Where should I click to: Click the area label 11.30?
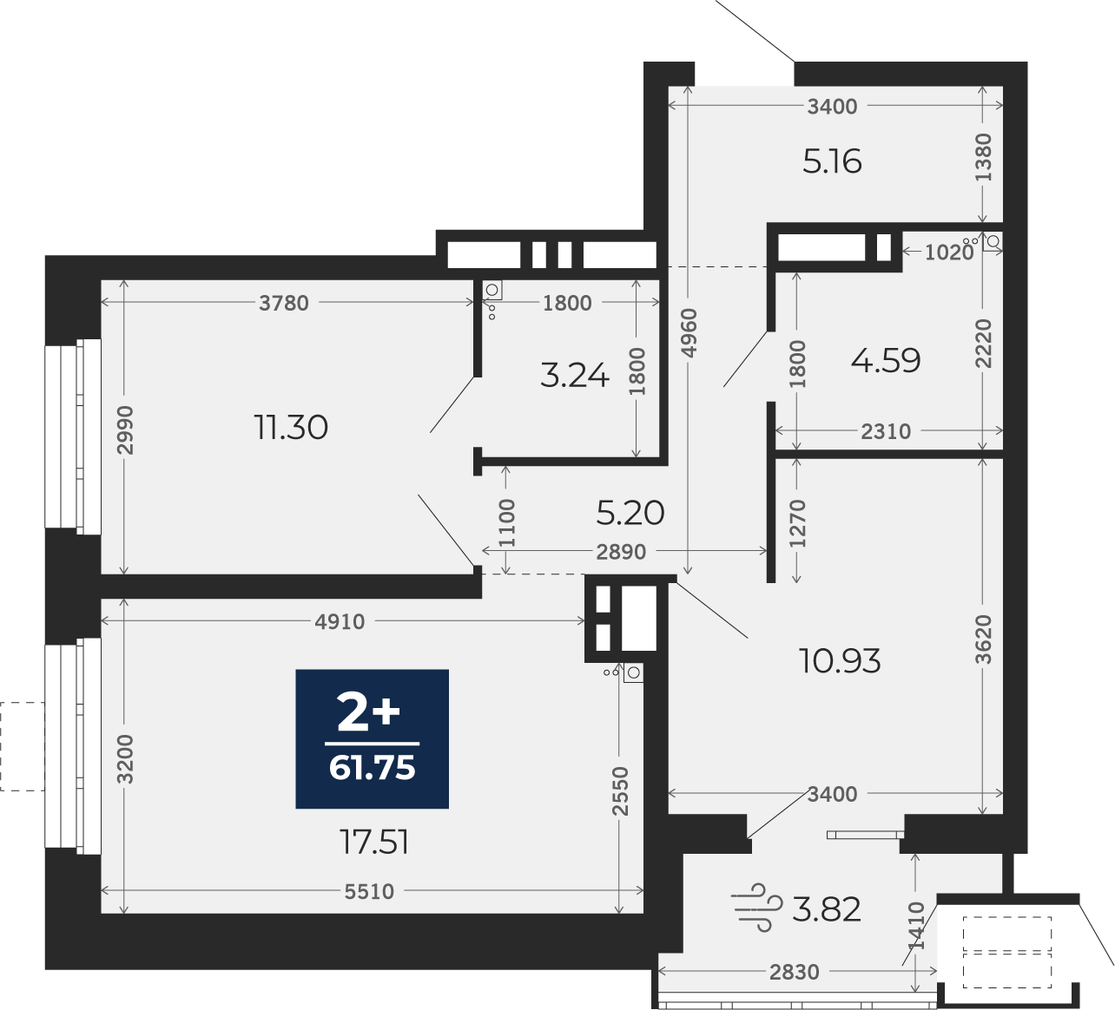tap(291, 428)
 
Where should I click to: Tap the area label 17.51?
tap(374, 843)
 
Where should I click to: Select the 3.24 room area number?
tap(575, 375)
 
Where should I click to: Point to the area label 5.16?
tap(832, 161)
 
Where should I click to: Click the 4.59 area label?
tap(886, 360)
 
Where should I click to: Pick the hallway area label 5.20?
tap(630, 513)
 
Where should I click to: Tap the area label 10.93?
tap(840, 661)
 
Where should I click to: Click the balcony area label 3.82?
tap(827, 909)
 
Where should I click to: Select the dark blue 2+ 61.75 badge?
tap(372, 739)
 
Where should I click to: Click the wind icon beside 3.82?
tap(756, 908)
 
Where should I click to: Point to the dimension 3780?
tap(284, 304)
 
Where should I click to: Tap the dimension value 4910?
tap(340, 621)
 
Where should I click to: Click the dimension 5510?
tap(369, 892)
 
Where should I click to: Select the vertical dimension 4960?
tap(689, 333)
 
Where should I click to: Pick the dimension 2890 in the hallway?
tap(621, 552)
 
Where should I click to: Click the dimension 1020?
tap(949, 252)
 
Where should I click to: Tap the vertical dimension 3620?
tap(983, 639)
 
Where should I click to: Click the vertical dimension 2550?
tap(620, 791)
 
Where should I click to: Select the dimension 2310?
tap(886, 431)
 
